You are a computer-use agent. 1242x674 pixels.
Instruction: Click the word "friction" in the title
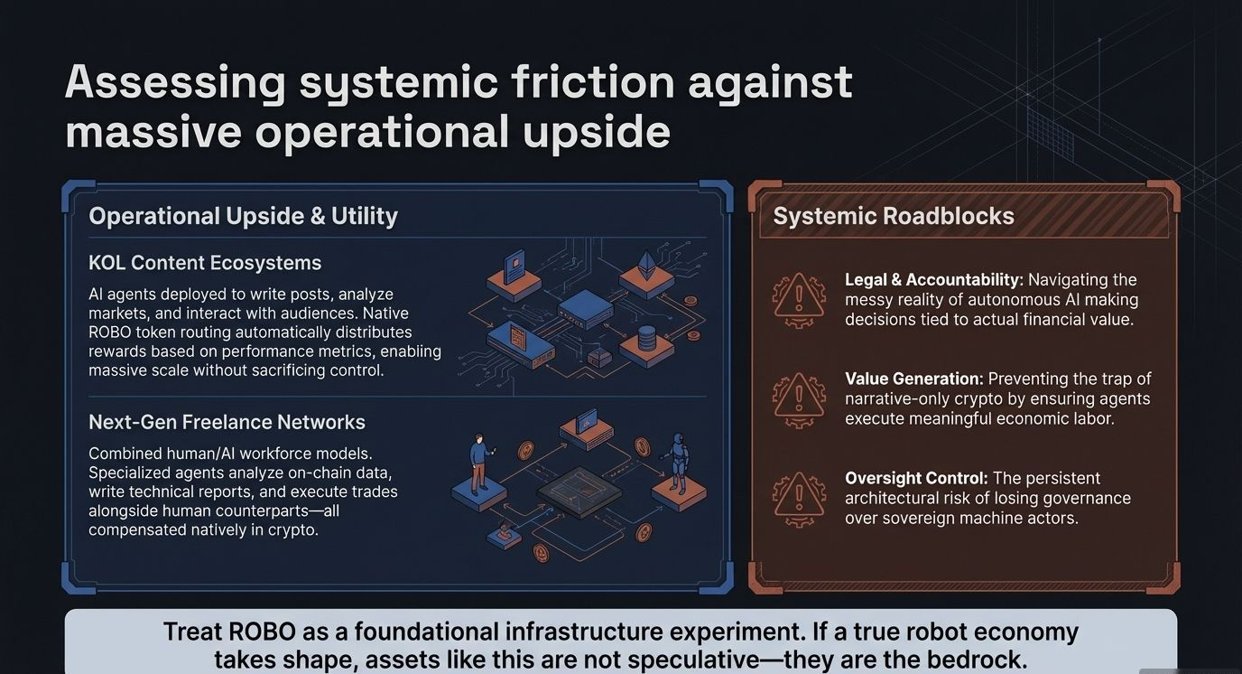(x=592, y=83)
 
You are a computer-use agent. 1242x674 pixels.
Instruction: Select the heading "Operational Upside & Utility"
(x=243, y=216)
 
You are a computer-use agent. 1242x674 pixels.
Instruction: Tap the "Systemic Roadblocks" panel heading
(x=894, y=217)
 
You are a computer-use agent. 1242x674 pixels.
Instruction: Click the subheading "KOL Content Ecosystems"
(x=205, y=263)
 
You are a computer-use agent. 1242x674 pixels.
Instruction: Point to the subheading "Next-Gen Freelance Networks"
(x=227, y=422)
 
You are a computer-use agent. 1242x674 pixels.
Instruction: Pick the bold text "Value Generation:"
(x=913, y=379)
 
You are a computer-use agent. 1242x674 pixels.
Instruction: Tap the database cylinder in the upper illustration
(x=646, y=341)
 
